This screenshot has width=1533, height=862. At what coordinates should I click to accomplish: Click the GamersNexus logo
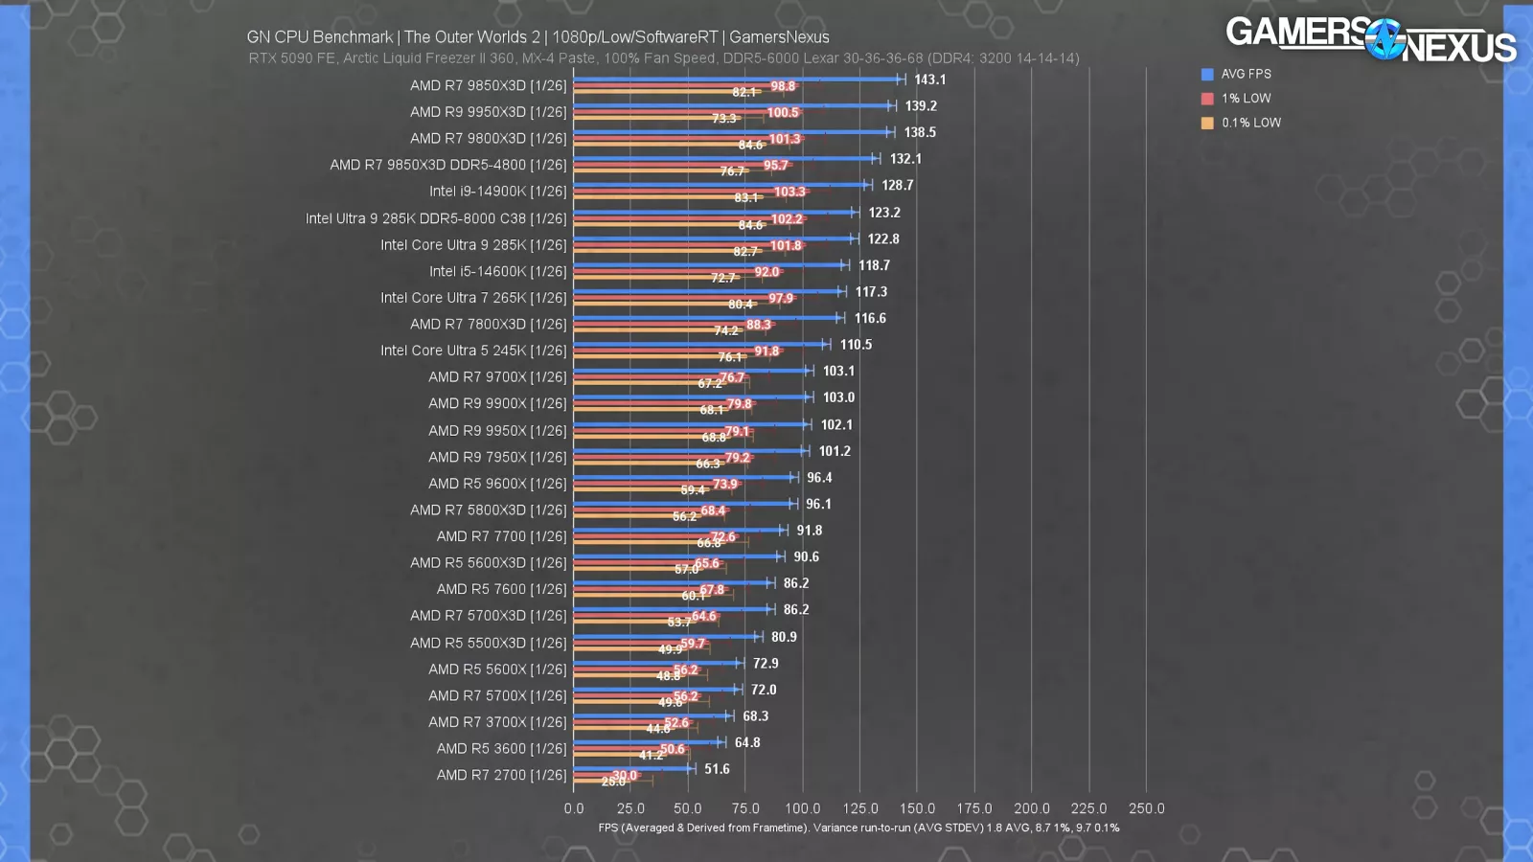(x=1370, y=38)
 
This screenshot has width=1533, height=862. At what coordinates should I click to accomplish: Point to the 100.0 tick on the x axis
(x=802, y=808)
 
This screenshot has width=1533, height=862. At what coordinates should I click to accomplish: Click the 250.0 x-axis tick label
(x=1146, y=808)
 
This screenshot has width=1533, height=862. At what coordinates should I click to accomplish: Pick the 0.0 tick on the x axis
(x=574, y=808)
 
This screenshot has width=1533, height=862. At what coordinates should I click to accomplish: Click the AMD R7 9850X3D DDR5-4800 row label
(x=448, y=165)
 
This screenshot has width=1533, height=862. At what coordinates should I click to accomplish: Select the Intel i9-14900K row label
(x=498, y=191)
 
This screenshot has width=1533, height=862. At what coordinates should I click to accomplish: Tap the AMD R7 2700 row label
(x=502, y=775)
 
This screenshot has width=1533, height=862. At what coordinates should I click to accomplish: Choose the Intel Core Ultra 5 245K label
(x=473, y=351)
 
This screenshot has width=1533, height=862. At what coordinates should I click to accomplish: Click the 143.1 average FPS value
(x=929, y=79)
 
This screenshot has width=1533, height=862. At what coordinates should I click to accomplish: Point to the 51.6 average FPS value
(x=717, y=768)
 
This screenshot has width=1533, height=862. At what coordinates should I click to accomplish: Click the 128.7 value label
(x=897, y=185)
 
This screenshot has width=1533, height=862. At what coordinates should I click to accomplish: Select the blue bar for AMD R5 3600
(x=647, y=741)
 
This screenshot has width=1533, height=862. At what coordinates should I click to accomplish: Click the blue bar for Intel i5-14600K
(x=709, y=264)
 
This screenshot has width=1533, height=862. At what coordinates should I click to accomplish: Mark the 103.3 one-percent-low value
(x=789, y=192)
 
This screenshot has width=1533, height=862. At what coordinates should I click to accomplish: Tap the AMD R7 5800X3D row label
(x=489, y=510)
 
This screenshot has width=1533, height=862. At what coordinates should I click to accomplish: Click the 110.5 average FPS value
(x=856, y=345)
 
